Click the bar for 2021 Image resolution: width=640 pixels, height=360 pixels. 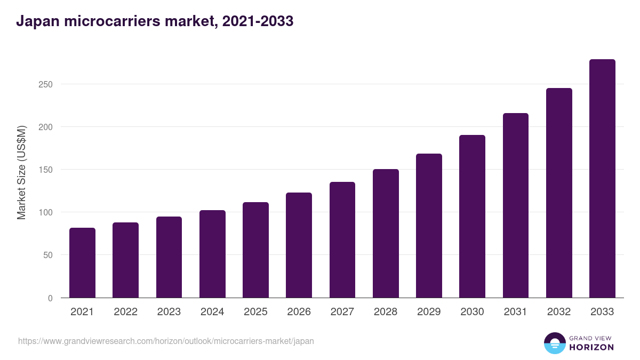82,263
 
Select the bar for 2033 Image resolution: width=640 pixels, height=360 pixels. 602,179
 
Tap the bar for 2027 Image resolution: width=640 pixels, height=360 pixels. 342,240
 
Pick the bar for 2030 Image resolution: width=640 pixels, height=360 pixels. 472,217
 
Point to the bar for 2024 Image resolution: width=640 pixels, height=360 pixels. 212,254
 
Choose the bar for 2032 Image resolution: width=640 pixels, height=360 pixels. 559,193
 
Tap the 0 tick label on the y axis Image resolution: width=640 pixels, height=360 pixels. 50,298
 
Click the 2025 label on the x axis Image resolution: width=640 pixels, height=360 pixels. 255,312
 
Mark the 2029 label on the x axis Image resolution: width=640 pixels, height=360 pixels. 429,312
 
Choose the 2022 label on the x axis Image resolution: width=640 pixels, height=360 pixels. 125,312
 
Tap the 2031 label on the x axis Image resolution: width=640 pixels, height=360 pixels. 516,312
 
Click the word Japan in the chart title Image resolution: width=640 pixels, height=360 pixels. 37,22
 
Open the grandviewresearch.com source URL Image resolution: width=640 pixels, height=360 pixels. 166,341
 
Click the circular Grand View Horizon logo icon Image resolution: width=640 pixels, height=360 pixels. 555,343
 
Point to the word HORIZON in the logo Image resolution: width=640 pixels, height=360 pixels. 591,347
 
